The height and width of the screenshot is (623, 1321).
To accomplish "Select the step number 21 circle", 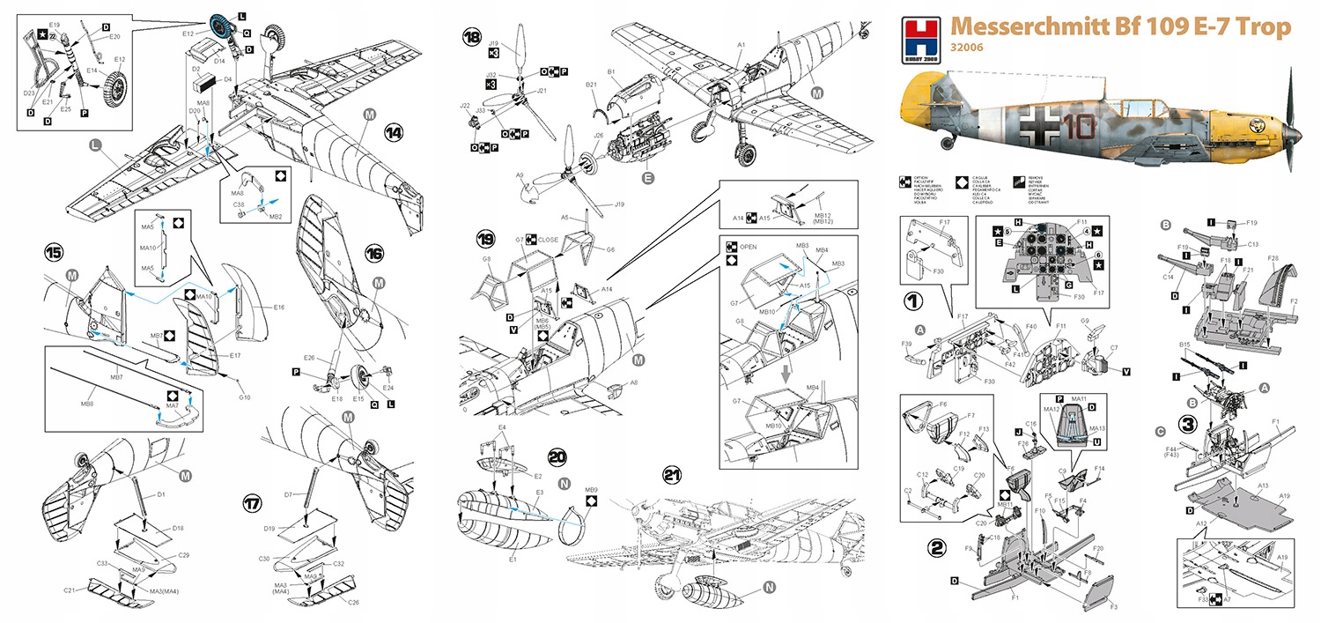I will pos(673,477).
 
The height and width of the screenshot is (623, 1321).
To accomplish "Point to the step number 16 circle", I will pos(373,253).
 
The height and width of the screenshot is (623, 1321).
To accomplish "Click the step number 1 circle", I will pos(917,300).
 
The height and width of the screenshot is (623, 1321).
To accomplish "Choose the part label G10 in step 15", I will pos(245,397).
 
